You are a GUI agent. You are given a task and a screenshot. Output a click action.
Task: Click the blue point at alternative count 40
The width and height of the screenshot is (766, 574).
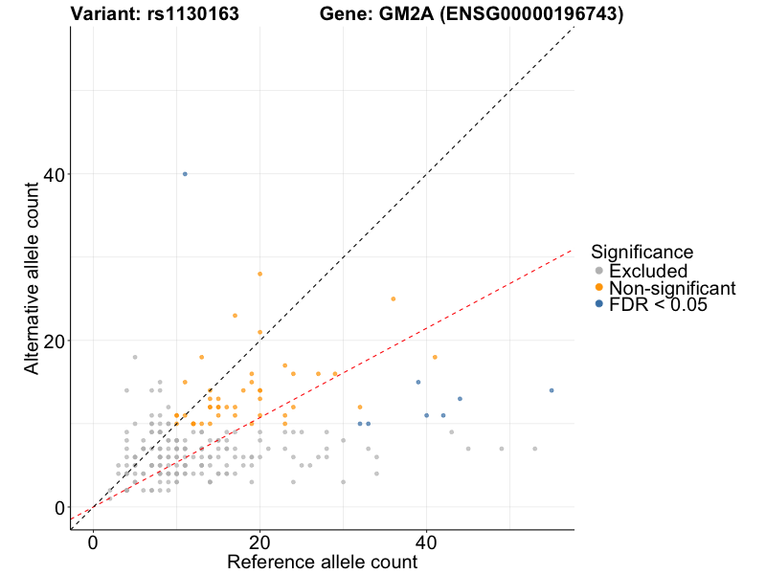click(x=185, y=174)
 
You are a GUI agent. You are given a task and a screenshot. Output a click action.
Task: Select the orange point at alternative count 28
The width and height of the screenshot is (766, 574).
click(x=259, y=274)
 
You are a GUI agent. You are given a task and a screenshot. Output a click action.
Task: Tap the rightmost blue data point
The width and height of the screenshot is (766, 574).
click(x=552, y=390)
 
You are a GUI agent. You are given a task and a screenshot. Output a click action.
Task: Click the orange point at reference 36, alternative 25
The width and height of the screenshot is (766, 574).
click(x=393, y=298)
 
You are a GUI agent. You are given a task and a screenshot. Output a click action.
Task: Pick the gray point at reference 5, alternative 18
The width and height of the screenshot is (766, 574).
click(x=135, y=357)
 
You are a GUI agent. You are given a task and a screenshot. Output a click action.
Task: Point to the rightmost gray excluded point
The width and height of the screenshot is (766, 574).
click(x=534, y=449)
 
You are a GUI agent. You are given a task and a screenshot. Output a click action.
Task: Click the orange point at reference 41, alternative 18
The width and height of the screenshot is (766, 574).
click(x=435, y=357)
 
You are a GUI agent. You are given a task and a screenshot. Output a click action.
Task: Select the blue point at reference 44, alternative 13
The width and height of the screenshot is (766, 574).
click(x=460, y=399)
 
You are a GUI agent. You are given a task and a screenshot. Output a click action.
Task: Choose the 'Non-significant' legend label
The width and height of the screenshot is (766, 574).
click(x=672, y=288)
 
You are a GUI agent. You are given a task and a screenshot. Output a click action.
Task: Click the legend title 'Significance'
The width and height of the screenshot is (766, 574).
click(x=642, y=252)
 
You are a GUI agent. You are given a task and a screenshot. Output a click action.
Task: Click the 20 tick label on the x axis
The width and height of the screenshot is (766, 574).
click(x=259, y=542)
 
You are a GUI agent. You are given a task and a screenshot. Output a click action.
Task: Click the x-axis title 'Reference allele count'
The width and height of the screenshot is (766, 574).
click(x=322, y=563)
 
